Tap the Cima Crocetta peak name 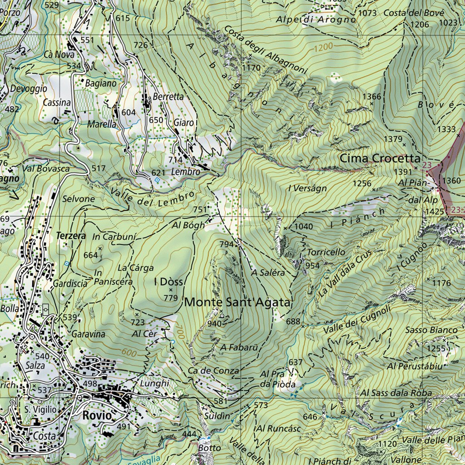[380, 158]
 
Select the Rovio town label [97, 416]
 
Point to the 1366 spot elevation [372, 96]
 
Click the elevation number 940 [214, 323]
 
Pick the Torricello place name [326, 252]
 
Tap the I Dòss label [168, 282]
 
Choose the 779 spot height [170, 298]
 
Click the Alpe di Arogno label [317, 20]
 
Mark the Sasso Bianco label [431, 330]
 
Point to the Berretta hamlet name [168, 96]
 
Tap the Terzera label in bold [71, 236]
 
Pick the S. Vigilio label [40, 409]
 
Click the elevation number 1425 [434, 212]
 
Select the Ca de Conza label [213, 371]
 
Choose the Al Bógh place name [188, 225]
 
